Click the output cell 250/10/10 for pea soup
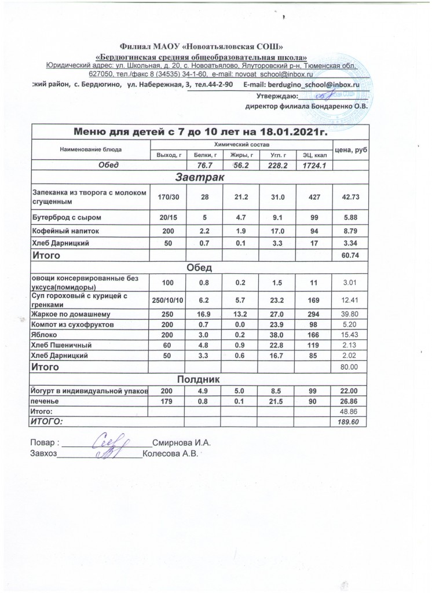[167, 300]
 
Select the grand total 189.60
[352, 422]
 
